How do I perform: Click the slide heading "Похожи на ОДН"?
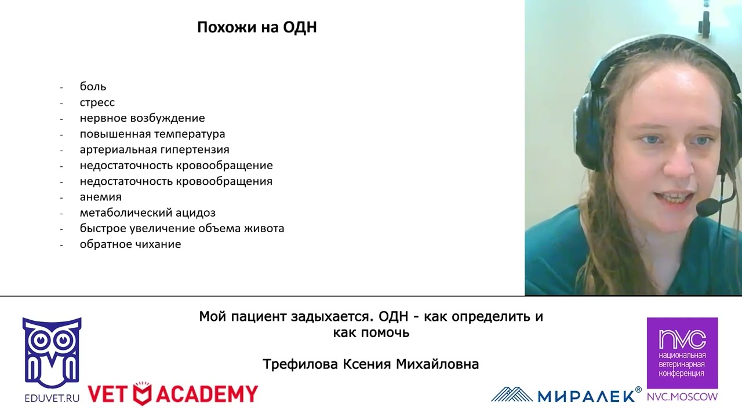257,27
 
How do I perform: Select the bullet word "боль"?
93,87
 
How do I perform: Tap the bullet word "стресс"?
97,103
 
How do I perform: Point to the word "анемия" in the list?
100,197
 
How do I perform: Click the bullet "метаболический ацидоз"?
147,213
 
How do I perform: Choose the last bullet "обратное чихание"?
130,244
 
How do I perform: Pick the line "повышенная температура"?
152,134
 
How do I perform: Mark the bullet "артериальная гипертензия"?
154,150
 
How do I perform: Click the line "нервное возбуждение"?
142,118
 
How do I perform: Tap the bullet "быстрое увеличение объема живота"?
181,228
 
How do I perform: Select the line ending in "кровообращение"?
176,166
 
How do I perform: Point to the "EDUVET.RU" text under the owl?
52,398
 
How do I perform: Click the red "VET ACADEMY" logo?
173,394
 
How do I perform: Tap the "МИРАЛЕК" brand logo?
566,394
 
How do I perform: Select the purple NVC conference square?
682,353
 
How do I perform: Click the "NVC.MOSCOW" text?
682,397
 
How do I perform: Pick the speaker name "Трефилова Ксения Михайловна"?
370,364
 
